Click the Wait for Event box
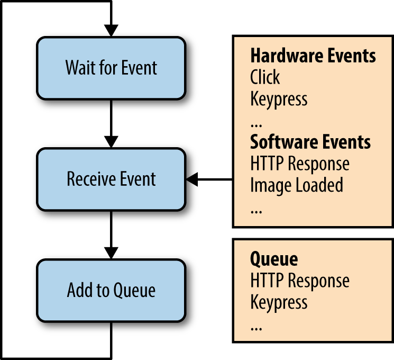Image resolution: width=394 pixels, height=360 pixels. (x=111, y=68)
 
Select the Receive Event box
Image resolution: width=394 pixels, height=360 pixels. (x=111, y=179)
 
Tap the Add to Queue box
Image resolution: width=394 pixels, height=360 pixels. (x=111, y=290)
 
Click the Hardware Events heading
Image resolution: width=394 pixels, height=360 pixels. (x=313, y=56)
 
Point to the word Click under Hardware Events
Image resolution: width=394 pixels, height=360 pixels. (x=265, y=77)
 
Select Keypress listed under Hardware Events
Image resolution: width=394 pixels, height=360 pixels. (x=279, y=99)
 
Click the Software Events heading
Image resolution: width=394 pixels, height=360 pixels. (x=310, y=142)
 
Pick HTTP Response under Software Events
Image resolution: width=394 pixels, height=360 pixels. (x=300, y=164)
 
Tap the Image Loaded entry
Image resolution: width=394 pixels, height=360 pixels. (x=297, y=185)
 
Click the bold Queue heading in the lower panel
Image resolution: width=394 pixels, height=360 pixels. (x=273, y=259)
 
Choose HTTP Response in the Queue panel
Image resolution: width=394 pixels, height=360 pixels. (x=300, y=281)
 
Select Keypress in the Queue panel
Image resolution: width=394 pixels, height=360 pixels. (x=279, y=302)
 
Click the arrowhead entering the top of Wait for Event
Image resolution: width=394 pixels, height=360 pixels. (x=111, y=30)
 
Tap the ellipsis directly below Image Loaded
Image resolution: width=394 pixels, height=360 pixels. (x=256, y=210)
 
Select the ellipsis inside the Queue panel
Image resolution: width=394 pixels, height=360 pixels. (x=256, y=327)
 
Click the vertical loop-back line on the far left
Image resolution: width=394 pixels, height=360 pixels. (x=2, y=180)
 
